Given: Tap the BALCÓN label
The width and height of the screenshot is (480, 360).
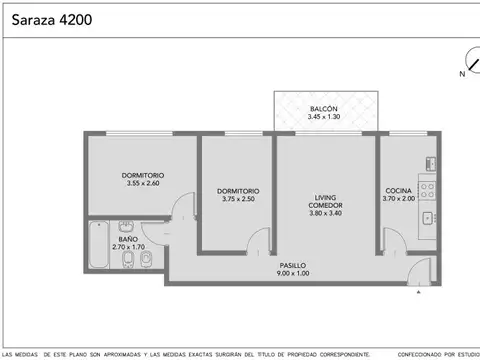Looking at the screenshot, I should [323, 108].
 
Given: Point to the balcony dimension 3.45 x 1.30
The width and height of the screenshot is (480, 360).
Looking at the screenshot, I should [323, 117].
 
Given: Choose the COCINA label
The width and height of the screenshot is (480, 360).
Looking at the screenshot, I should [400, 190].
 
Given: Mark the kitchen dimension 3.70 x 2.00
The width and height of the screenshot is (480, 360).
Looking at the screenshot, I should [400, 199].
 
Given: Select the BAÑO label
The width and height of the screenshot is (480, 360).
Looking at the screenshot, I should [127, 239].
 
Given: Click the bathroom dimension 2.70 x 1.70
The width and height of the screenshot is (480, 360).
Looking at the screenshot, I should [127, 247].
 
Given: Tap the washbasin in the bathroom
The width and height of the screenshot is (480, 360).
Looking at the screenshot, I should [146, 263].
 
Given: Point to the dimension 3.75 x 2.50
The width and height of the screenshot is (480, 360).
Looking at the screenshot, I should [239, 199].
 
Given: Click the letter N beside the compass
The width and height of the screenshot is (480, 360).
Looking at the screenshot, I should [462, 73].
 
